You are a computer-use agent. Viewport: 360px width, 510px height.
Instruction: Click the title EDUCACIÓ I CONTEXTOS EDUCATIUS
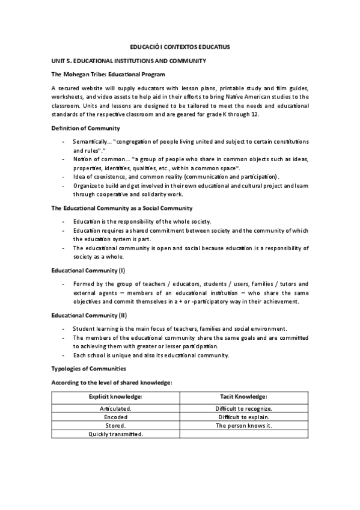(x=180, y=46)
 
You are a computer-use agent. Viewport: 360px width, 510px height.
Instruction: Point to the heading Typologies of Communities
(x=89, y=368)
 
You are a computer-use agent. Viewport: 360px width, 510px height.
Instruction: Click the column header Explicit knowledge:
(x=115, y=396)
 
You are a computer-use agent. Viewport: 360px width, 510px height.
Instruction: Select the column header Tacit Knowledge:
(x=244, y=396)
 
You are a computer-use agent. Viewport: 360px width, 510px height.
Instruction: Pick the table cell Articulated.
(x=115, y=408)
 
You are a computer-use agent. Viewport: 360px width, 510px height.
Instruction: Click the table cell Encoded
(x=115, y=417)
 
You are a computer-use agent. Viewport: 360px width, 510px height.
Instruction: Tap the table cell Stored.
(x=115, y=425)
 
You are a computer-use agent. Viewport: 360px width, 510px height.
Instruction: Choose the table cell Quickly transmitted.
(x=115, y=434)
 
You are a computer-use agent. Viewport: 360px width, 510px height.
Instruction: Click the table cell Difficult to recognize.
(x=244, y=408)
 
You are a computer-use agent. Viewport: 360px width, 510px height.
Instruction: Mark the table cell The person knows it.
(x=244, y=425)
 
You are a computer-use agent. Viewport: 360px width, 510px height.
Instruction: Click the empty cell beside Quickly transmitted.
(x=244, y=434)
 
